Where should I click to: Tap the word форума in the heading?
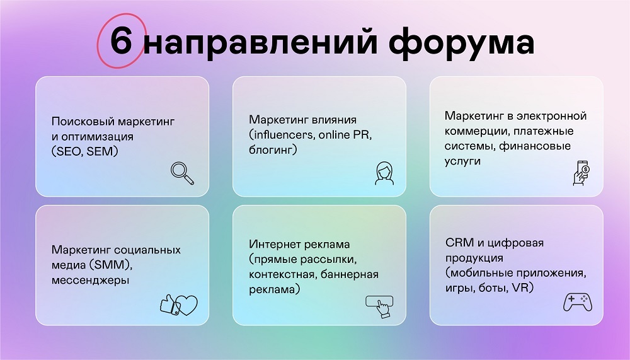[x=461, y=42]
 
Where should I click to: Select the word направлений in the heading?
[x=260, y=42]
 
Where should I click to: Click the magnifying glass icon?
[x=183, y=173]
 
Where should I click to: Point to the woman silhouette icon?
[x=384, y=173]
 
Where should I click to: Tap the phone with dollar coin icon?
[x=581, y=173]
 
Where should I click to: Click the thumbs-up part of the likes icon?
[x=169, y=305]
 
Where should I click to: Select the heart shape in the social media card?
[x=187, y=306]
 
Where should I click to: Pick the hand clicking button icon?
[x=379, y=306]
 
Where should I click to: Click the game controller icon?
[x=578, y=302]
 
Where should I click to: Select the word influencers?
[x=283, y=135]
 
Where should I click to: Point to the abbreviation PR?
[x=361, y=135]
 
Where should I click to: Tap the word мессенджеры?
[x=90, y=281]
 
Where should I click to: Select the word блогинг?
[x=271, y=150]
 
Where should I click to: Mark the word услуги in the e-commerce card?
[x=462, y=161]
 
